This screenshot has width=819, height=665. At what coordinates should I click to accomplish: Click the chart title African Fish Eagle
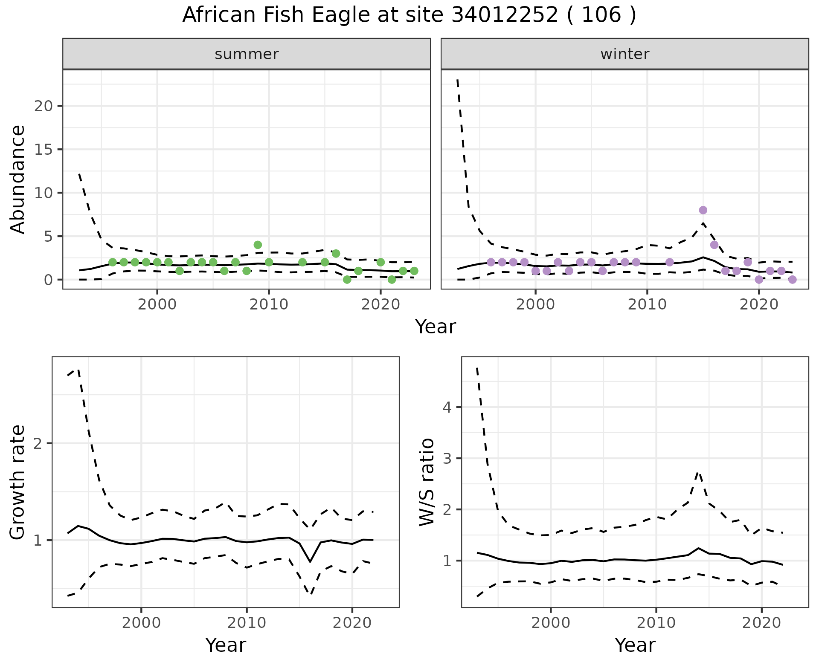(409, 15)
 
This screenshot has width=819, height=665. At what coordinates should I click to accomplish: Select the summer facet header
(247, 54)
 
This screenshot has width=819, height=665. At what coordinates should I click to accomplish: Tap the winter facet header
(624, 54)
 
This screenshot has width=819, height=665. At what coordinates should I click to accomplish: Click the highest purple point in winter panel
(703, 210)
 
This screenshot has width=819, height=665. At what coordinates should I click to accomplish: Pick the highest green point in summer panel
(258, 245)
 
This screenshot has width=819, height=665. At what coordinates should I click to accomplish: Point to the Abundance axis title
(18, 179)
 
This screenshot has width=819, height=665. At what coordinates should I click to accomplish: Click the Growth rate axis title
(18, 482)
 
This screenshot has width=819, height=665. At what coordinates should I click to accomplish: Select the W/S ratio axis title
(427, 482)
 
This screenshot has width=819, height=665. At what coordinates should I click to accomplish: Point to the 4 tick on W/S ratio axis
(447, 407)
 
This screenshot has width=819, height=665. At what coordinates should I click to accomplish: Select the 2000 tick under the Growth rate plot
(141, 623)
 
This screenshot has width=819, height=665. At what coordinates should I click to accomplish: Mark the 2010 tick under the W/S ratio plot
(656, 623)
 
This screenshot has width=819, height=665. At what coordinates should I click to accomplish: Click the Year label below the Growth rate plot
(226, 645)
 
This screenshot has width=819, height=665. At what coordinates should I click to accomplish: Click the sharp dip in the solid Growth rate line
(310, 561)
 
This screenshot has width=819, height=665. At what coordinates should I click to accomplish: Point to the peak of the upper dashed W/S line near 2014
(698, 472)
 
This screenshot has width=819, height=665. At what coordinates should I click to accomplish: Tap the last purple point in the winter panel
(792, 280)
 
